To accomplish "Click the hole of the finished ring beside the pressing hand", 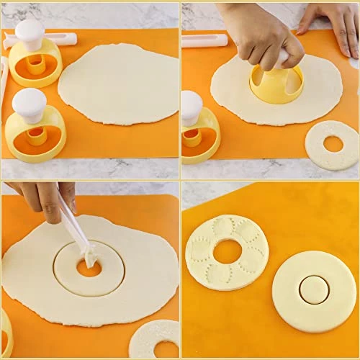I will (333, 144).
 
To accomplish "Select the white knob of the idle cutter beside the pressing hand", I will (192, 107).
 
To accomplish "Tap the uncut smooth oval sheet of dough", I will (118, 83).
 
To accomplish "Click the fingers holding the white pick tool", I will (50, 202).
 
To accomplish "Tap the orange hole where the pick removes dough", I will (89, 269).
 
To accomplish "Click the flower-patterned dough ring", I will (227, 252).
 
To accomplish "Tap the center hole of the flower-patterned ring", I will (228, 251).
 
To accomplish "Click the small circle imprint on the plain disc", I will (314, 289).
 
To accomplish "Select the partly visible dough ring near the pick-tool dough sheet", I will (156, 339).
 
